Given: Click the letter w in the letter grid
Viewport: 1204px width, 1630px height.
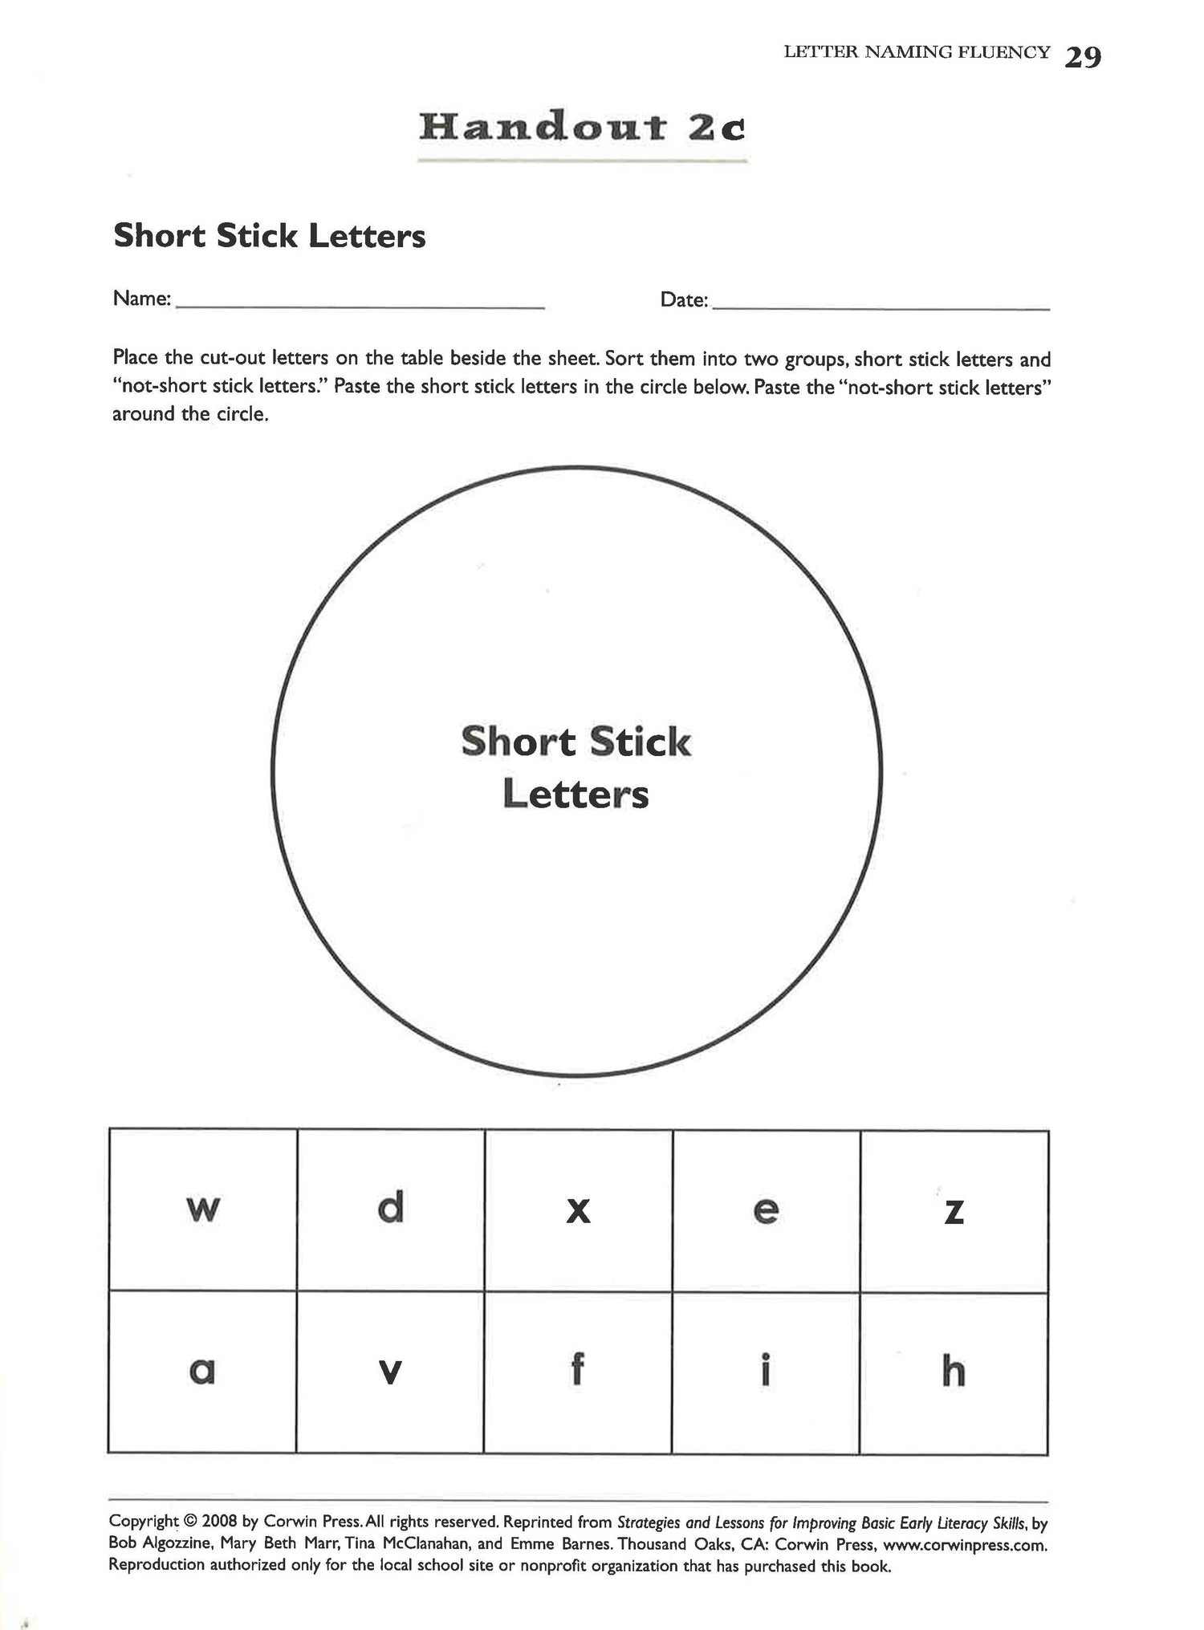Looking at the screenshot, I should pyautogui.click(x=202, y=1209).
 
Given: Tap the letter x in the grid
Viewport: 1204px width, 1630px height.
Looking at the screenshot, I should pyautogui.click(x=578, y=1209).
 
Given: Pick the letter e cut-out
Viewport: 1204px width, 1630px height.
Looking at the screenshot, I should pyautogui.click(x=766, y=1209).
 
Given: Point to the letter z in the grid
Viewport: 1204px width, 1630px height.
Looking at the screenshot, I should pyautogui.click(x=954, y=1210).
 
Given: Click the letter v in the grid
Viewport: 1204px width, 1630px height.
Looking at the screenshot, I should pyautogui.click(x=389, y=1372).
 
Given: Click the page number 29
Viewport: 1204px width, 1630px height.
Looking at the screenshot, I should pyautogui.click(x=1083, y=57).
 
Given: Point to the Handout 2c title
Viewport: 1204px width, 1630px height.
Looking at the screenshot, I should pyautogui.click(x=582, y=128).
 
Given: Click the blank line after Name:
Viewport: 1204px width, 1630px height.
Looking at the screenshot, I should pyautogui.click(x=360, y=305).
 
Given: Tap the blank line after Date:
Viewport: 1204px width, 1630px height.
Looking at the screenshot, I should pyautogui.click(x=881, y=307).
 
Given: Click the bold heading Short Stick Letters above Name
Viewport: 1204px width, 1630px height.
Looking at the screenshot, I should pyautogui.click(x=270, y=236).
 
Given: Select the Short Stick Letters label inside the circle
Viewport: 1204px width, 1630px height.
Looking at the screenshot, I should pyautogui.click(x=576, y=767).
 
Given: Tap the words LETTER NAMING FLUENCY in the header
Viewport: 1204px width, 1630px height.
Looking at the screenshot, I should pyautogui.click(x=917, y=53).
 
